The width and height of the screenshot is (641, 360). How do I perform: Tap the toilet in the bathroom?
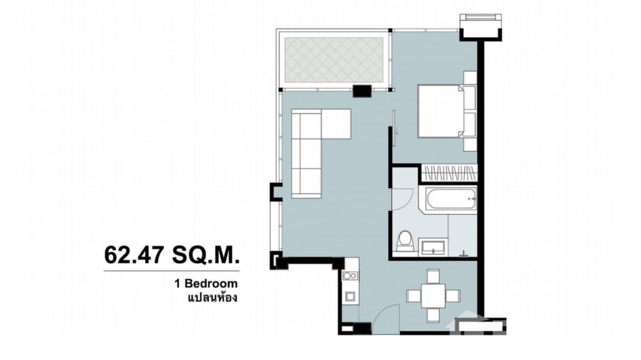(405, 241)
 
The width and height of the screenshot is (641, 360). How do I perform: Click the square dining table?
(433, 296)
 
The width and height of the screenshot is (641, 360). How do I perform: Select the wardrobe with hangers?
(449, 173)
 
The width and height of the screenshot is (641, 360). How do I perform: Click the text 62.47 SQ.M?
(171, 254)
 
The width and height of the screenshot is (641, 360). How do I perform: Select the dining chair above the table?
(433, 275)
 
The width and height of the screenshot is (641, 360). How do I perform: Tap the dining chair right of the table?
(453, 296)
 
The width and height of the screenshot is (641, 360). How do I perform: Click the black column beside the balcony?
(362, 90)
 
